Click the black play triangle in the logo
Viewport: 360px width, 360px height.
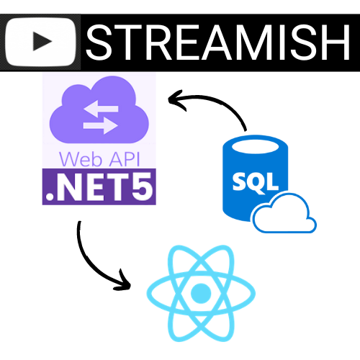point(42,41)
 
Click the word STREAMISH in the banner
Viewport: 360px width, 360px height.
point(218,42)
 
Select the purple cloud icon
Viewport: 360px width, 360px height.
point(99,109)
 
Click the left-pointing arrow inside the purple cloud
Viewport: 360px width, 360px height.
point(101,109)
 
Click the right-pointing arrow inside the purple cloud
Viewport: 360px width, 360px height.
point(100,125)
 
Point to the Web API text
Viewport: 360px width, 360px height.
point(99,159)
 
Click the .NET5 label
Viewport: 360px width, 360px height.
point(99,186)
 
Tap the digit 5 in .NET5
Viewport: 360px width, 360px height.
point(142,186)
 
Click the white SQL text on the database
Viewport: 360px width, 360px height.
point(256,183)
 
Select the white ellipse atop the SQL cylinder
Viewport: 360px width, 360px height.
point(256,147)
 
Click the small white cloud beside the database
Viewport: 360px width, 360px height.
point(284,214)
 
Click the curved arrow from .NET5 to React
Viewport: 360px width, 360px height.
point(92,266)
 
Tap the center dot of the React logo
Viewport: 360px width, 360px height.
point(201,293)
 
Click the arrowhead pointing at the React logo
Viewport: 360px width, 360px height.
point(124,282)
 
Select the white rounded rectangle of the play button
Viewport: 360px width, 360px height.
point(41,42)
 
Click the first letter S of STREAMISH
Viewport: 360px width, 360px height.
point(99,42)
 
